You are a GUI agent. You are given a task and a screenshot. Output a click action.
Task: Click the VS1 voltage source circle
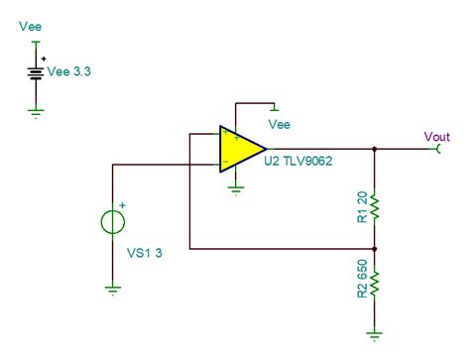click(x=120, y=218)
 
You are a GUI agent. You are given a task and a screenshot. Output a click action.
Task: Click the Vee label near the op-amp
click(x=281, y=125)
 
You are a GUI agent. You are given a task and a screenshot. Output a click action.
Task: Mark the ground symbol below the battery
click(x=37, y=113)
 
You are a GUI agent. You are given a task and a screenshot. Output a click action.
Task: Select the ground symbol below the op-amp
click(x=235, y=187)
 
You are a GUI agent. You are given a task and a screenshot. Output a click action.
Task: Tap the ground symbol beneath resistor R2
click(x=375, y=334)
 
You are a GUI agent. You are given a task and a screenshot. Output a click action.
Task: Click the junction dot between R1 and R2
click(x=375, y=249)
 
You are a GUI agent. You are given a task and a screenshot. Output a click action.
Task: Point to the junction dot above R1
click(x=375, y=149)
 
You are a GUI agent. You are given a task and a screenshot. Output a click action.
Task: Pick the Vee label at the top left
click(x=30, y=27)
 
